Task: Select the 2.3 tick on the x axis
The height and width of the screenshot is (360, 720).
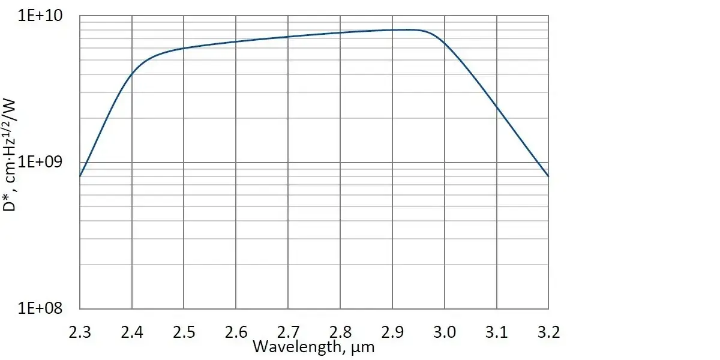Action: click(x=80, y=332)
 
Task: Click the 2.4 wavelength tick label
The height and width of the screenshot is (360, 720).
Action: click(x=132, y=332)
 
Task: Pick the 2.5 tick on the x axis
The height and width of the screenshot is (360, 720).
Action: click(x=184, y=332)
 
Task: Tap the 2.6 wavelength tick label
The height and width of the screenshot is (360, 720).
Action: click(x=236, y=332)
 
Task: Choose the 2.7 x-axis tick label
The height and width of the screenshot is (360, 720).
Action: click(x=288, y=332)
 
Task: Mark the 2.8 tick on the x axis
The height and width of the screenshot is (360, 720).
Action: click(x=340, y=332)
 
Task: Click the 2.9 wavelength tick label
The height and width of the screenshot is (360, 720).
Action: click(x=392, y=332)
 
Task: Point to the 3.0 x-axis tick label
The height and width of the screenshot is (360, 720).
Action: click(x=444, y=332)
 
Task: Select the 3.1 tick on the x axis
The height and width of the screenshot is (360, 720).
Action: click(x=496, y=332)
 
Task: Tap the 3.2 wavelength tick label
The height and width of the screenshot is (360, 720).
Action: click(x=548, y=332)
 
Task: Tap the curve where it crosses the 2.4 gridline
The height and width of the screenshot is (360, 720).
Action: click(x=132, y=74)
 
